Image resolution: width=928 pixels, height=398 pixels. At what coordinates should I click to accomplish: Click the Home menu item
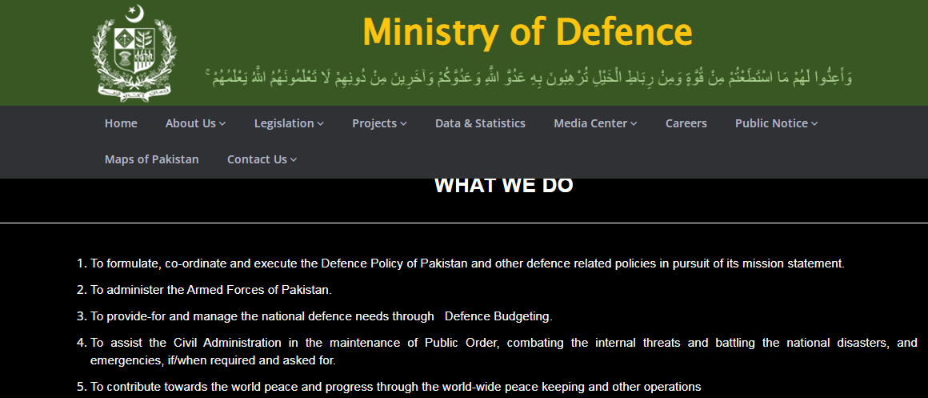(121, 123)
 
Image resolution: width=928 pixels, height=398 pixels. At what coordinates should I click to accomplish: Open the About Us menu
(195, 123)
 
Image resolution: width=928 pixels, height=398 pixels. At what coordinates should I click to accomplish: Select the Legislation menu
(289, 123)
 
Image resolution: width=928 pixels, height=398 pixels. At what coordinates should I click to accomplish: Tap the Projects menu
(379, 123)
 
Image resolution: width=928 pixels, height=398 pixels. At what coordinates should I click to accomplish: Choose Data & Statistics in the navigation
(480, 123)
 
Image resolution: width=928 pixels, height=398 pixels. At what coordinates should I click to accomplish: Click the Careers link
(686, 123)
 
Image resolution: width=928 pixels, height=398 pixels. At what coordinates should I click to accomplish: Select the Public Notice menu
(777, 123)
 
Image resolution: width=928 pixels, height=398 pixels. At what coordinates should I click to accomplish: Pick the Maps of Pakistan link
(151, 159)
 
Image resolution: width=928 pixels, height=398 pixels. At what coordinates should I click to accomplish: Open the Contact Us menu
(262, 159)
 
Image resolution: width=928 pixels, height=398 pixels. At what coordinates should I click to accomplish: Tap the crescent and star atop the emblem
(135, 14)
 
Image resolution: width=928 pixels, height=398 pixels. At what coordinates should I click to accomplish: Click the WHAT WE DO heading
(504, 185)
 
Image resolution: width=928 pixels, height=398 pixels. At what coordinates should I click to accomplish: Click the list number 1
(82, 263)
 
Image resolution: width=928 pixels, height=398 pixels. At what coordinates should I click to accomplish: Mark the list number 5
(82, 388)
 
